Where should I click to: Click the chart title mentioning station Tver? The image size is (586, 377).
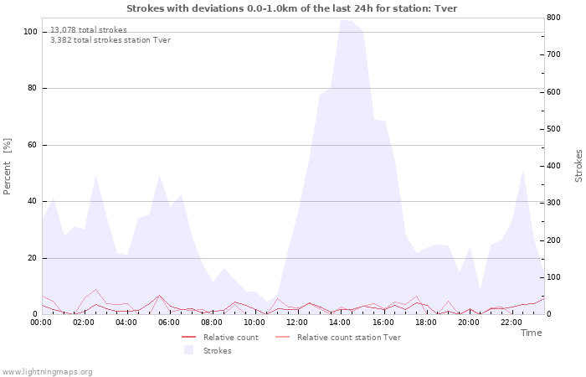click(x=292, y=8)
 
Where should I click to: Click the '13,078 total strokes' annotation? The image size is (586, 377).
click(x=89, y=30)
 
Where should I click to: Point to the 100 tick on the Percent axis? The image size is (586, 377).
click(x=30, y=32)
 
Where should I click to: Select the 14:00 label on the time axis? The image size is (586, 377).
click(x=340, y=322)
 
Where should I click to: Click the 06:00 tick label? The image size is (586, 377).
click(x=169, y=322)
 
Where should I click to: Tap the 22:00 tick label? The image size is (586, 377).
click(x=511, y=322)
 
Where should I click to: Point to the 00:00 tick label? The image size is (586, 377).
click(x=42, y=322)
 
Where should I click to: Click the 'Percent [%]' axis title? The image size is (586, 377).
click(x=8, y=166)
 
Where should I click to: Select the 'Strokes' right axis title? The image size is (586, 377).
click(x=578, y=166)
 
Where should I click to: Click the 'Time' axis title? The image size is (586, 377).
click(x=531, y=333)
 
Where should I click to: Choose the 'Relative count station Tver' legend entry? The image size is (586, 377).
click(x=348, y=338)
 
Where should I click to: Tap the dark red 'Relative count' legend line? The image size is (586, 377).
click(x=193, y=338)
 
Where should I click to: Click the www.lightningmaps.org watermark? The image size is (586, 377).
click(x=47, y=371)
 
